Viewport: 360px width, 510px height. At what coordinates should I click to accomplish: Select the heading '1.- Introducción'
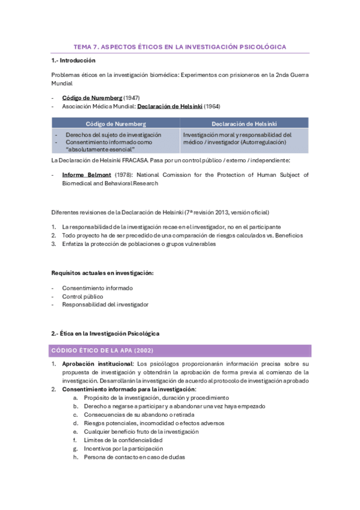pos(73,61)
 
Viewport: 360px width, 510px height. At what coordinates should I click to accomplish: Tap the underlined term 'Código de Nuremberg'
pos(92,97)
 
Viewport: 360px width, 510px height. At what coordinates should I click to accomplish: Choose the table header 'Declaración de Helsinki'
pos(244,123)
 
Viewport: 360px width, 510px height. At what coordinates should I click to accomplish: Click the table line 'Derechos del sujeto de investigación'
pos(114,135)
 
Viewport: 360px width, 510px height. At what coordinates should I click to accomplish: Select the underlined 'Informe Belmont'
pos(87,175)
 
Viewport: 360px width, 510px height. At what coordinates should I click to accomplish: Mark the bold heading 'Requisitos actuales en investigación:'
pos(102,273)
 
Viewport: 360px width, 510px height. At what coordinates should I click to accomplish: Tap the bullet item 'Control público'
pos(82,296)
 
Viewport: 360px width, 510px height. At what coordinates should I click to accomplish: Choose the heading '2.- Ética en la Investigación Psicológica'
pos(105,333)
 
